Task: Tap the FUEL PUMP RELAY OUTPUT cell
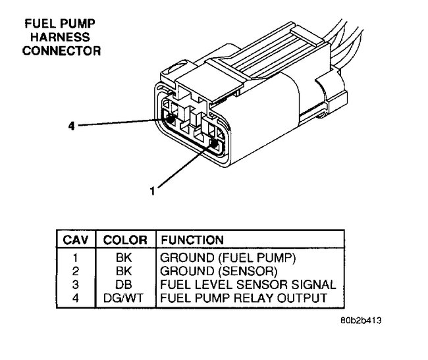tap(243, 297)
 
